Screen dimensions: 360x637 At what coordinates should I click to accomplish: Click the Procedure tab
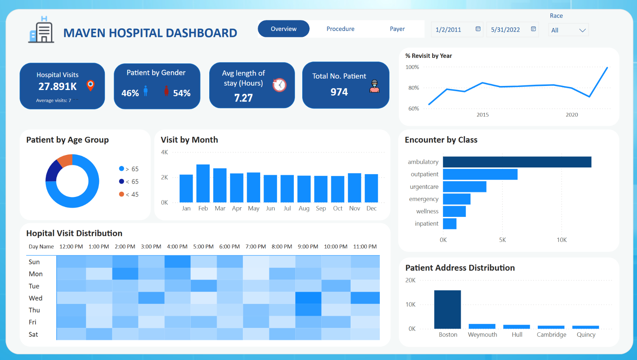[340, 29]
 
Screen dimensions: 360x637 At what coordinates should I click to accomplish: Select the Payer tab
[397, 29]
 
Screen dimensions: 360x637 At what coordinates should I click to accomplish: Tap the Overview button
[283, 29]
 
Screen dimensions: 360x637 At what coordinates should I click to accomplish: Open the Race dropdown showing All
[568, 30]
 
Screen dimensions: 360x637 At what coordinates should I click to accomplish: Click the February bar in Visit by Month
[203, 183]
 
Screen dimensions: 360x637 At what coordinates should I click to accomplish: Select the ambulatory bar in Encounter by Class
[517, 162]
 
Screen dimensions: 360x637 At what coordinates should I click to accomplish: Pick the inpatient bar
[450, 224]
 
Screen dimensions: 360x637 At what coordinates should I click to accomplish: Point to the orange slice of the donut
[66, 160]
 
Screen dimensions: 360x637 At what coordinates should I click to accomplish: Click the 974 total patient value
[339, 92]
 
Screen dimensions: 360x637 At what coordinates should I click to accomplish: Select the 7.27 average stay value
[243, 98]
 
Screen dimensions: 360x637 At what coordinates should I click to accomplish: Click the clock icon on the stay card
[279, 85]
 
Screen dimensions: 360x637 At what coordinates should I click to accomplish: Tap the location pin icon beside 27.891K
[90, 85]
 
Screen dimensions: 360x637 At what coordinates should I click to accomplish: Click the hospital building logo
[41, 30]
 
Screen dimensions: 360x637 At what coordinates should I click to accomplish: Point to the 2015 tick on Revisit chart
[482, 115]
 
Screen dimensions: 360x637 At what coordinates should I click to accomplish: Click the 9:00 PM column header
[308, 246]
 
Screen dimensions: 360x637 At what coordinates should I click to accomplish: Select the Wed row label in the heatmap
[35, 298]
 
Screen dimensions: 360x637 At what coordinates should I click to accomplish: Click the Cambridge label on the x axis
[551, 335]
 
